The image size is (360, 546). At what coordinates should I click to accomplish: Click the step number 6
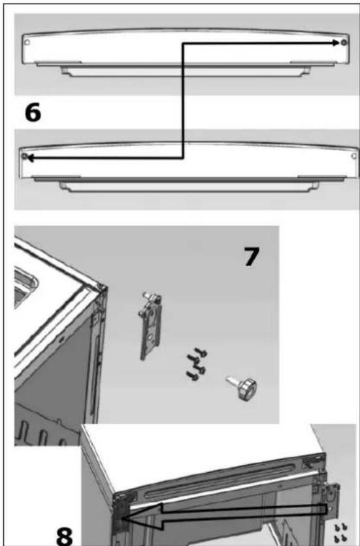(x=33, y=113)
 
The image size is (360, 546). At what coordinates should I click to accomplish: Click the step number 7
(x=251, y=256)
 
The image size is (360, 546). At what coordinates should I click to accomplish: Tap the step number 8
(x=65, y=536)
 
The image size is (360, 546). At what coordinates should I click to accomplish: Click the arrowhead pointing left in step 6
(x=31, y=158)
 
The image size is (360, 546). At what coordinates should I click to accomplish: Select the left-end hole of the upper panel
(x=27, y=43)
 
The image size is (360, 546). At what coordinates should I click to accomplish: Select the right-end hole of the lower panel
(x=354, y=156)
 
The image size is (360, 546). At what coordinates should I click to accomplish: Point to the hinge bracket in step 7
(x=150, y=326)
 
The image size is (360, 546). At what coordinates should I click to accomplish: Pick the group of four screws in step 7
(x=197, y=364)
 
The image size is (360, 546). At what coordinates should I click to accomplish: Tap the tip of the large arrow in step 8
(x=123, y=518)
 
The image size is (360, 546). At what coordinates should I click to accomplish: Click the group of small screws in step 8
(x=340, y=533)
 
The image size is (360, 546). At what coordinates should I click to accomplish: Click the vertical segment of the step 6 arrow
(x=183, y=101)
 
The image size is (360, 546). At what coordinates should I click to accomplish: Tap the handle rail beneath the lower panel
(x=189, y=186)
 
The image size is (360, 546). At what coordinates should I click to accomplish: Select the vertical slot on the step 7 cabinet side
(x=97, y=375)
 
